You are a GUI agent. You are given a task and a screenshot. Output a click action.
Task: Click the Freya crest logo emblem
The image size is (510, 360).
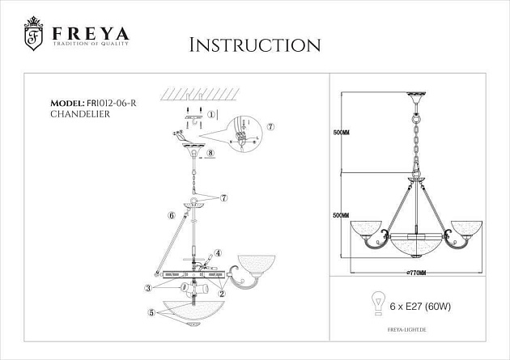click(32, 34)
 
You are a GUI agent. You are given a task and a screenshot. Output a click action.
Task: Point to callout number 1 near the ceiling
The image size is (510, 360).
click(211, 115)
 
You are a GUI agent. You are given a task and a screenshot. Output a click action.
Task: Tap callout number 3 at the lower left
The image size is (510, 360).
click(148, 287)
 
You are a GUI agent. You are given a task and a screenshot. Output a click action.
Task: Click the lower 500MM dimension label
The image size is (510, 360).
click(342, 216)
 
